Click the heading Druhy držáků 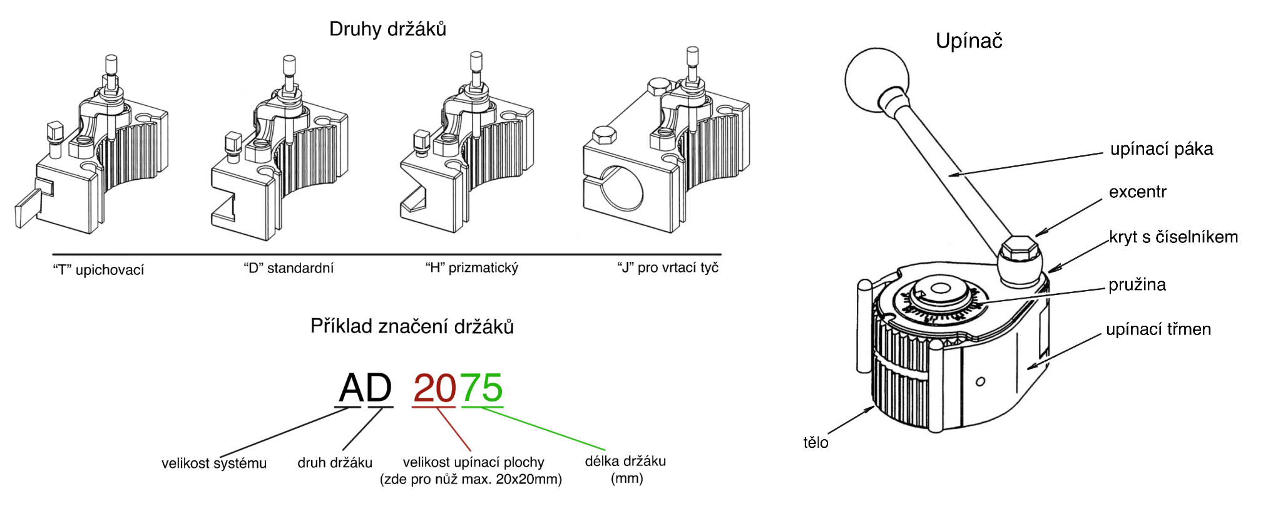387,29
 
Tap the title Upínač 969,41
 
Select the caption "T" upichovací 98,270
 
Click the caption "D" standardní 289,269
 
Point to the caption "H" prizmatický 472,268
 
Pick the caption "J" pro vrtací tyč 668,268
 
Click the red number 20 435,388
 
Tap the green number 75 482,388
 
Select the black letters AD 366,388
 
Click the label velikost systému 214,463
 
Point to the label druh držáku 335,463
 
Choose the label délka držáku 625,462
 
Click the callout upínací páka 1161,149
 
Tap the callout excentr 1137,192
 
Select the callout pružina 1137,285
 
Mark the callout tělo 816,443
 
